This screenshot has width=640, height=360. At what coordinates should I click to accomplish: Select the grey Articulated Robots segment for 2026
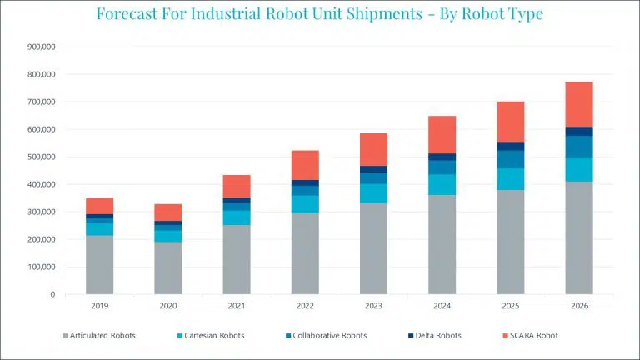click(579, 237)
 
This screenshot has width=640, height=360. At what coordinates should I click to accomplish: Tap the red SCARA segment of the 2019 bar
click(100, 206)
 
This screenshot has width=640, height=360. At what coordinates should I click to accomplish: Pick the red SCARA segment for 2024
click(442, 134)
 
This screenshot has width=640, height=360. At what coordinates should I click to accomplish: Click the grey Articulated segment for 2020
click(168, 267)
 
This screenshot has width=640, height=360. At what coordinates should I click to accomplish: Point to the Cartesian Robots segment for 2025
click(511, 179)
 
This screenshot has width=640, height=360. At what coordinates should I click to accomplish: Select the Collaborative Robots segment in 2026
click(579, 147)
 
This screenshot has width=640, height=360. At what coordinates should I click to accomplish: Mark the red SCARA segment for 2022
click(305, 165)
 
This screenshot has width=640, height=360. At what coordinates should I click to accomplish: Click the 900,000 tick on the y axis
click(40, 47)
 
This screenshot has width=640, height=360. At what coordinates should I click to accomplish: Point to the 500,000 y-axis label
click(40, 157)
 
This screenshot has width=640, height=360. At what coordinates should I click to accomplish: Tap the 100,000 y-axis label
click(40, 267)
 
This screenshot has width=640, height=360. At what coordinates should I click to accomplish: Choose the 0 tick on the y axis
click(52, 294)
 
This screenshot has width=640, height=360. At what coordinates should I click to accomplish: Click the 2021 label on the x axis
click(237, 306)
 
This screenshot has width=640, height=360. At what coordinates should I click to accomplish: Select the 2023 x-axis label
click(373, 306)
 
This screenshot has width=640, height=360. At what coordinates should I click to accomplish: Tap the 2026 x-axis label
click(579, 306)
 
